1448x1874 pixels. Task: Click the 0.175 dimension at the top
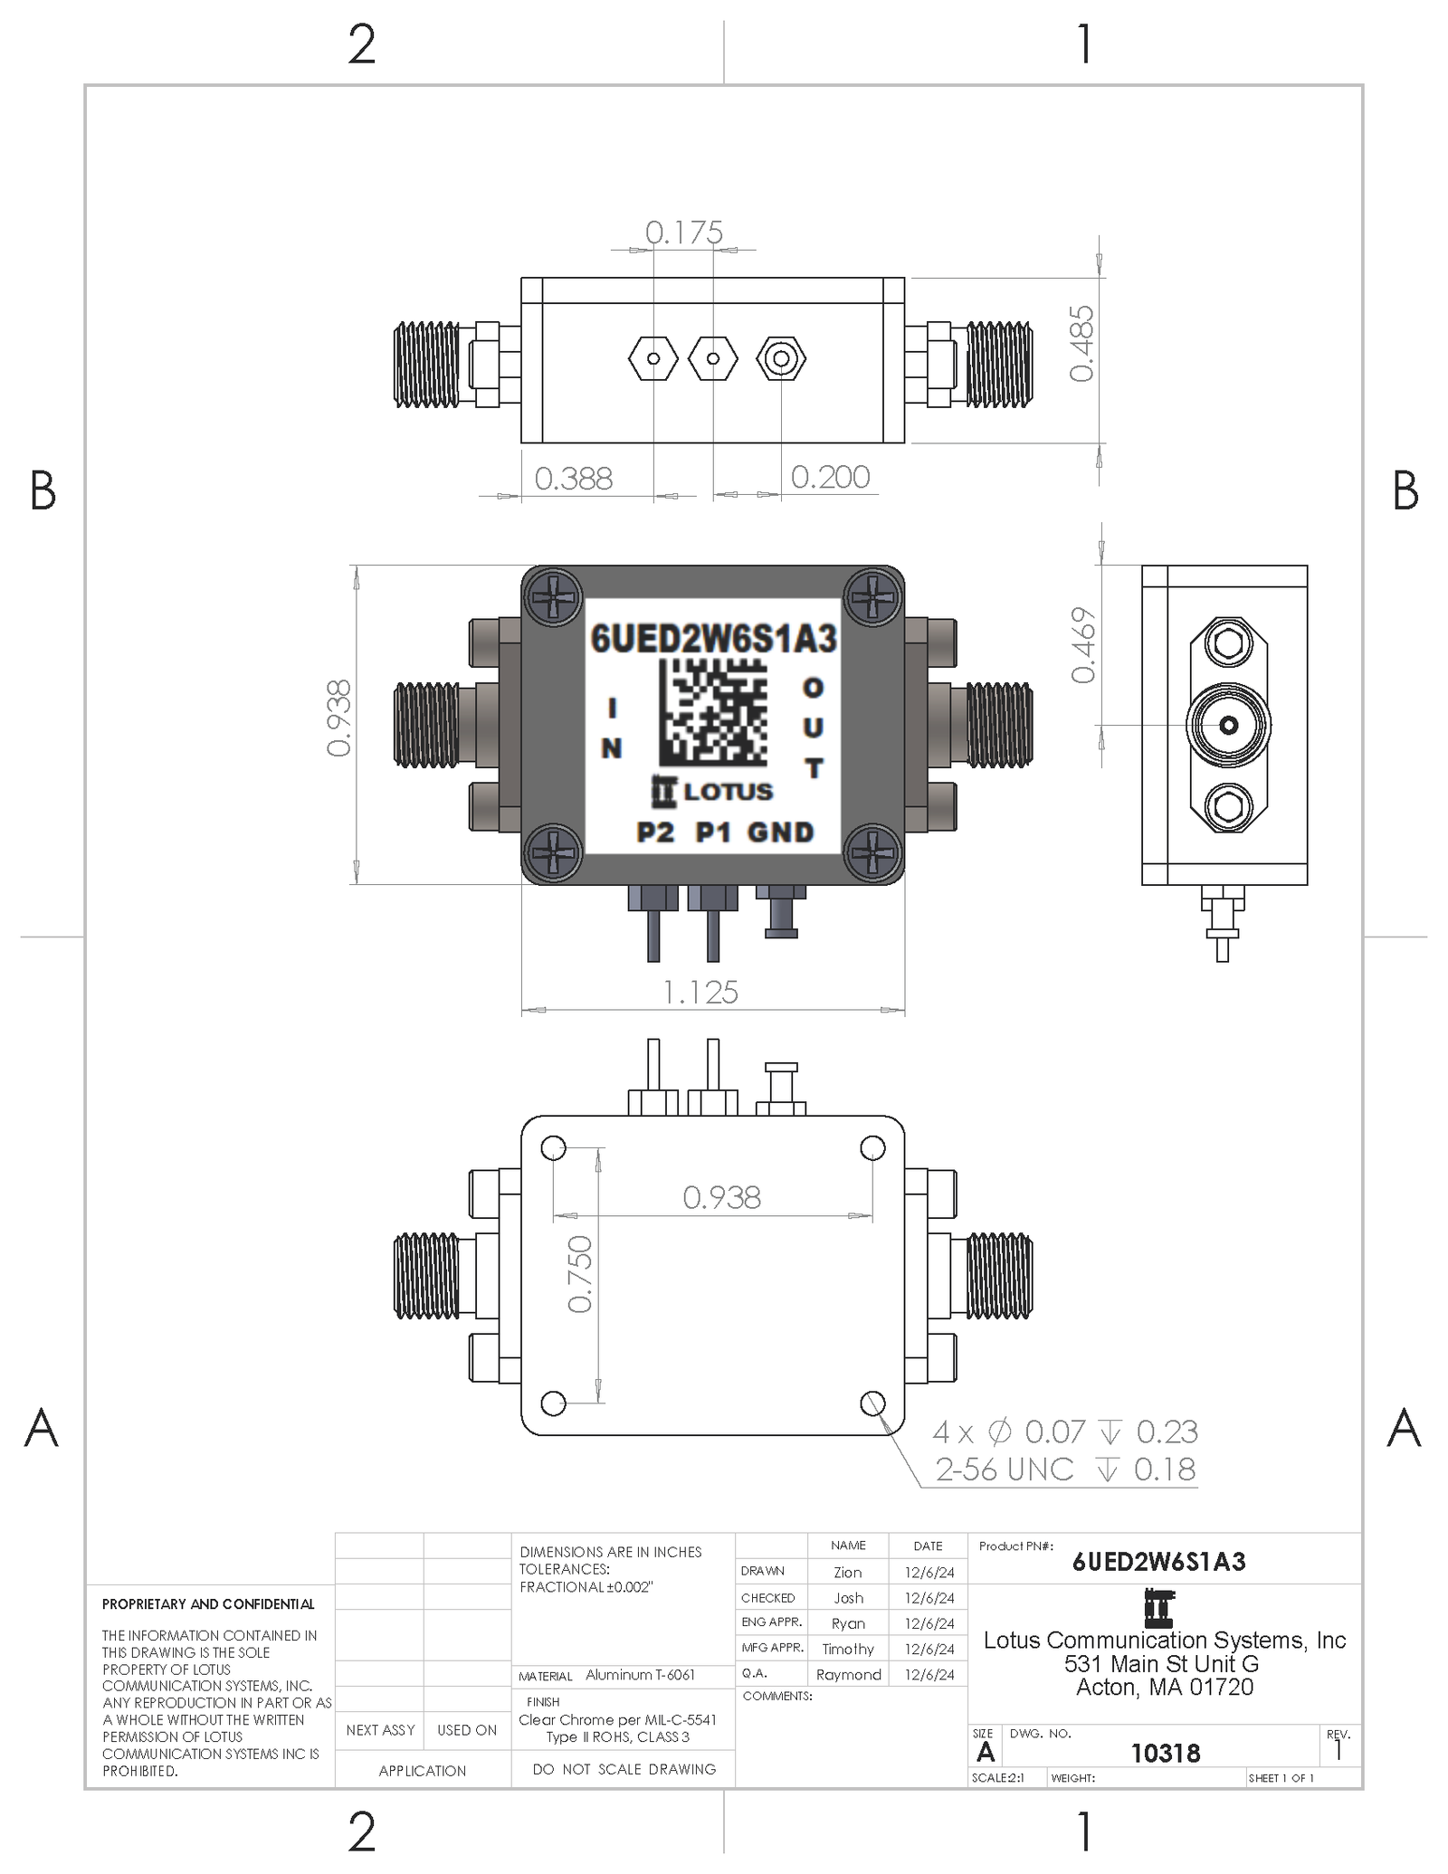[683, 233]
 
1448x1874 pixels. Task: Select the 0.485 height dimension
[1081, 343]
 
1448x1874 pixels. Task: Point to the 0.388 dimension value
[574, 478]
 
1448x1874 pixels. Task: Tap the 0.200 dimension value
[830, 477]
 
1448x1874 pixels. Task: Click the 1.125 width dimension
[700, 993]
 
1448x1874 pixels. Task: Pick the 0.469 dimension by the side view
[1083, 644]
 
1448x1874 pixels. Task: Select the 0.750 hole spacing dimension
[579, 1274]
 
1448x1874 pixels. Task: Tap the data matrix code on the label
[712, 712]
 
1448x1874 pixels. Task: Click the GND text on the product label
[780, 832]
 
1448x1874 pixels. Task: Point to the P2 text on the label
[655, 832]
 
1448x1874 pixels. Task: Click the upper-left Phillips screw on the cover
[553, 596]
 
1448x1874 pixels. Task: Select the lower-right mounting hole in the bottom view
[872, 1403]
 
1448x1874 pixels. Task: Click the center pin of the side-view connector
[1228, 725]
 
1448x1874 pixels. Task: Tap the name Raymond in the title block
[848, 1674]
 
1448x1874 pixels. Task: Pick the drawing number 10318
[1165, 1753]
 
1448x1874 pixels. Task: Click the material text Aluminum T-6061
[640, 1674]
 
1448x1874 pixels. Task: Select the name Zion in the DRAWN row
[848, 1573]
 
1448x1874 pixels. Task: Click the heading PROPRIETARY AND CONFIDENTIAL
[208, 1603]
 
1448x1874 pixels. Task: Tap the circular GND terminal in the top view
[780, 359]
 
